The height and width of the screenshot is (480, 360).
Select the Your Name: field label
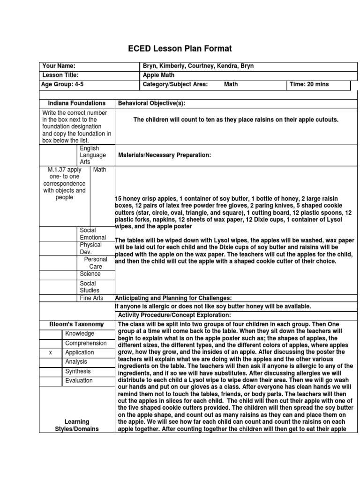click(59, 66)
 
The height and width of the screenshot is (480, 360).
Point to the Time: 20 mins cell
click(310, 84)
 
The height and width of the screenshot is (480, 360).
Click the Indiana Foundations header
click(76, 103)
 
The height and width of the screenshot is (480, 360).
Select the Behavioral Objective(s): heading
click(155, 103)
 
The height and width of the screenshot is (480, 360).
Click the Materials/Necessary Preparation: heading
click(165, 155)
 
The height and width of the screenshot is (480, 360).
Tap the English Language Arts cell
click(93, 155)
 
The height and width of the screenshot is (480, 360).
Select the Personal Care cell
click(96, 262)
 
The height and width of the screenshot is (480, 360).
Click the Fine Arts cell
click(91, 298)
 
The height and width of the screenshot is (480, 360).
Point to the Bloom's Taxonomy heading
click(76, 324)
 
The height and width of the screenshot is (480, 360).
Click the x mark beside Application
click(50, 352)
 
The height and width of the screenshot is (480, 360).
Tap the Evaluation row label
click(79, 381)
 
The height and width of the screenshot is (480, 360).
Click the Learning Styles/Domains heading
click(76, 425)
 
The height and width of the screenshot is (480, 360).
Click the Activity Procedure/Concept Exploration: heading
click(174, 315)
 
